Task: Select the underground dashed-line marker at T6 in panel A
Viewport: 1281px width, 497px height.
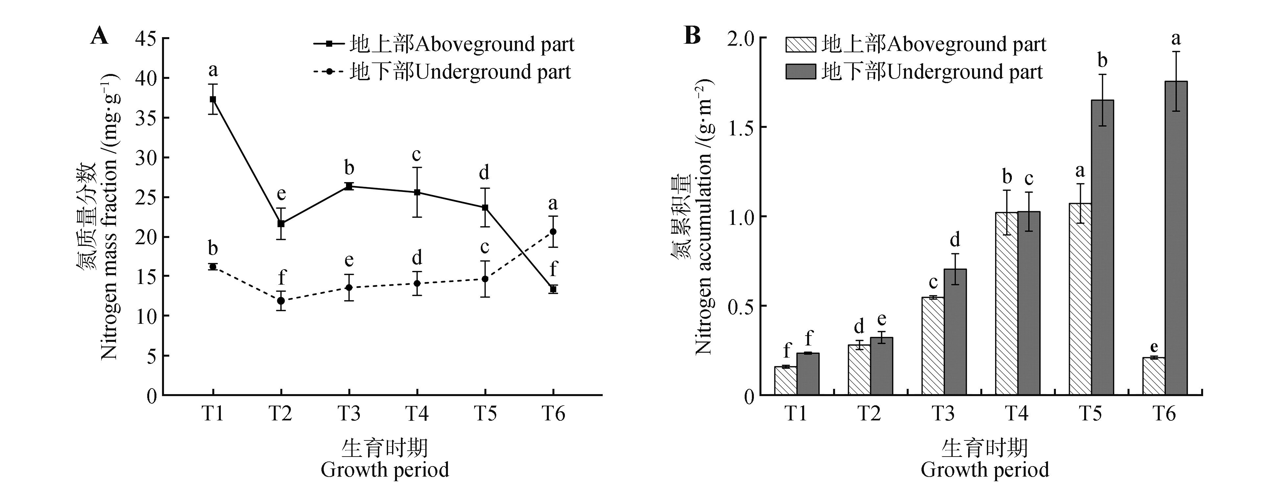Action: point(553,232)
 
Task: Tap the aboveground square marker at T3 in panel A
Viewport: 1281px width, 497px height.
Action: point(349,186)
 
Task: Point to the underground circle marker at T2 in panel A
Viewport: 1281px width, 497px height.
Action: point(281,300)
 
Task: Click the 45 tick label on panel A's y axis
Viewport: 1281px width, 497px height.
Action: point(145,39)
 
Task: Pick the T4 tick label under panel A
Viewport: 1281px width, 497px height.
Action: point(417,414)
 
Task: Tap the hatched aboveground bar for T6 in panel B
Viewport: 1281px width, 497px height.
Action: point(1154,376)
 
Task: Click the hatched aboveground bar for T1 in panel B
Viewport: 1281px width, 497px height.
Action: point(786,381)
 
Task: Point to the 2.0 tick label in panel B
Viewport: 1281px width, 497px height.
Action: point(740,39)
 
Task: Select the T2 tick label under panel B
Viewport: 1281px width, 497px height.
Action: point(869,414)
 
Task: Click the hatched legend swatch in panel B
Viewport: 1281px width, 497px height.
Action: point(801,45)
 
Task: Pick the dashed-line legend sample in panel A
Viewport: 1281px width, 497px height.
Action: point(328,72)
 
